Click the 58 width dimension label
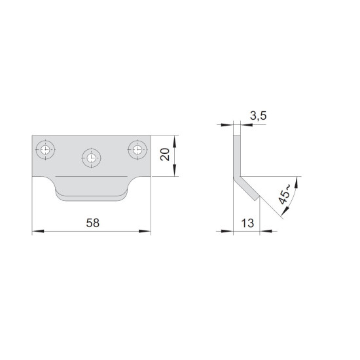[93, 223]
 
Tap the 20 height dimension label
[165, 154]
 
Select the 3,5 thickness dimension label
[259, 116]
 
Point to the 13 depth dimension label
[247, 223]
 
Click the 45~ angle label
[285, 194]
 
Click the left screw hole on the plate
[45, 150]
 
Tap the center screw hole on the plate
[91, 158]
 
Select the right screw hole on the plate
[137, 150]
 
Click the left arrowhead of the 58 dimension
[38, 231]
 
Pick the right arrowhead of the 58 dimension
[145, 231]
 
